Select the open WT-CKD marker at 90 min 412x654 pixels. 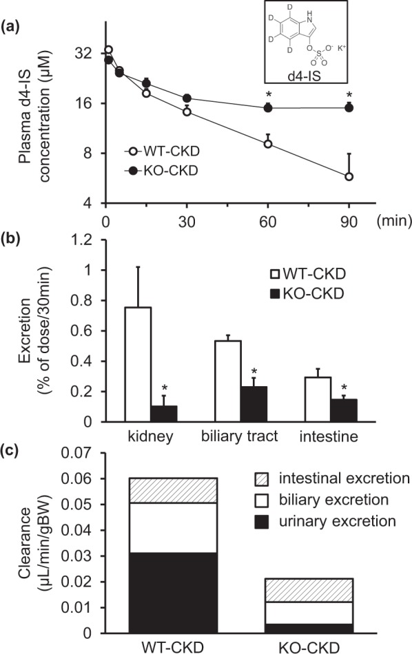(x=349, y=177)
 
